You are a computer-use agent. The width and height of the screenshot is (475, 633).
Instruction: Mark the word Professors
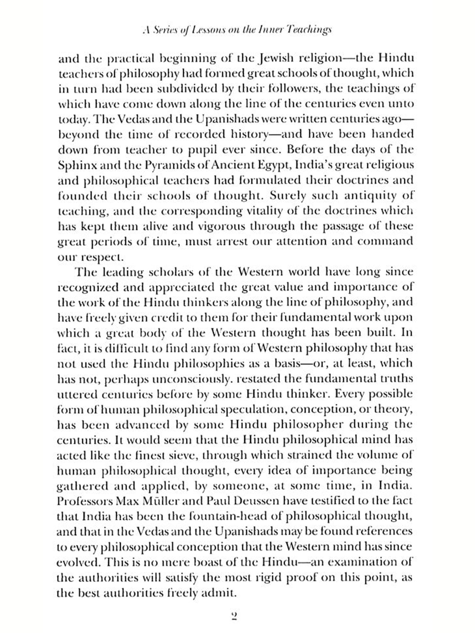click(84, 501)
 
